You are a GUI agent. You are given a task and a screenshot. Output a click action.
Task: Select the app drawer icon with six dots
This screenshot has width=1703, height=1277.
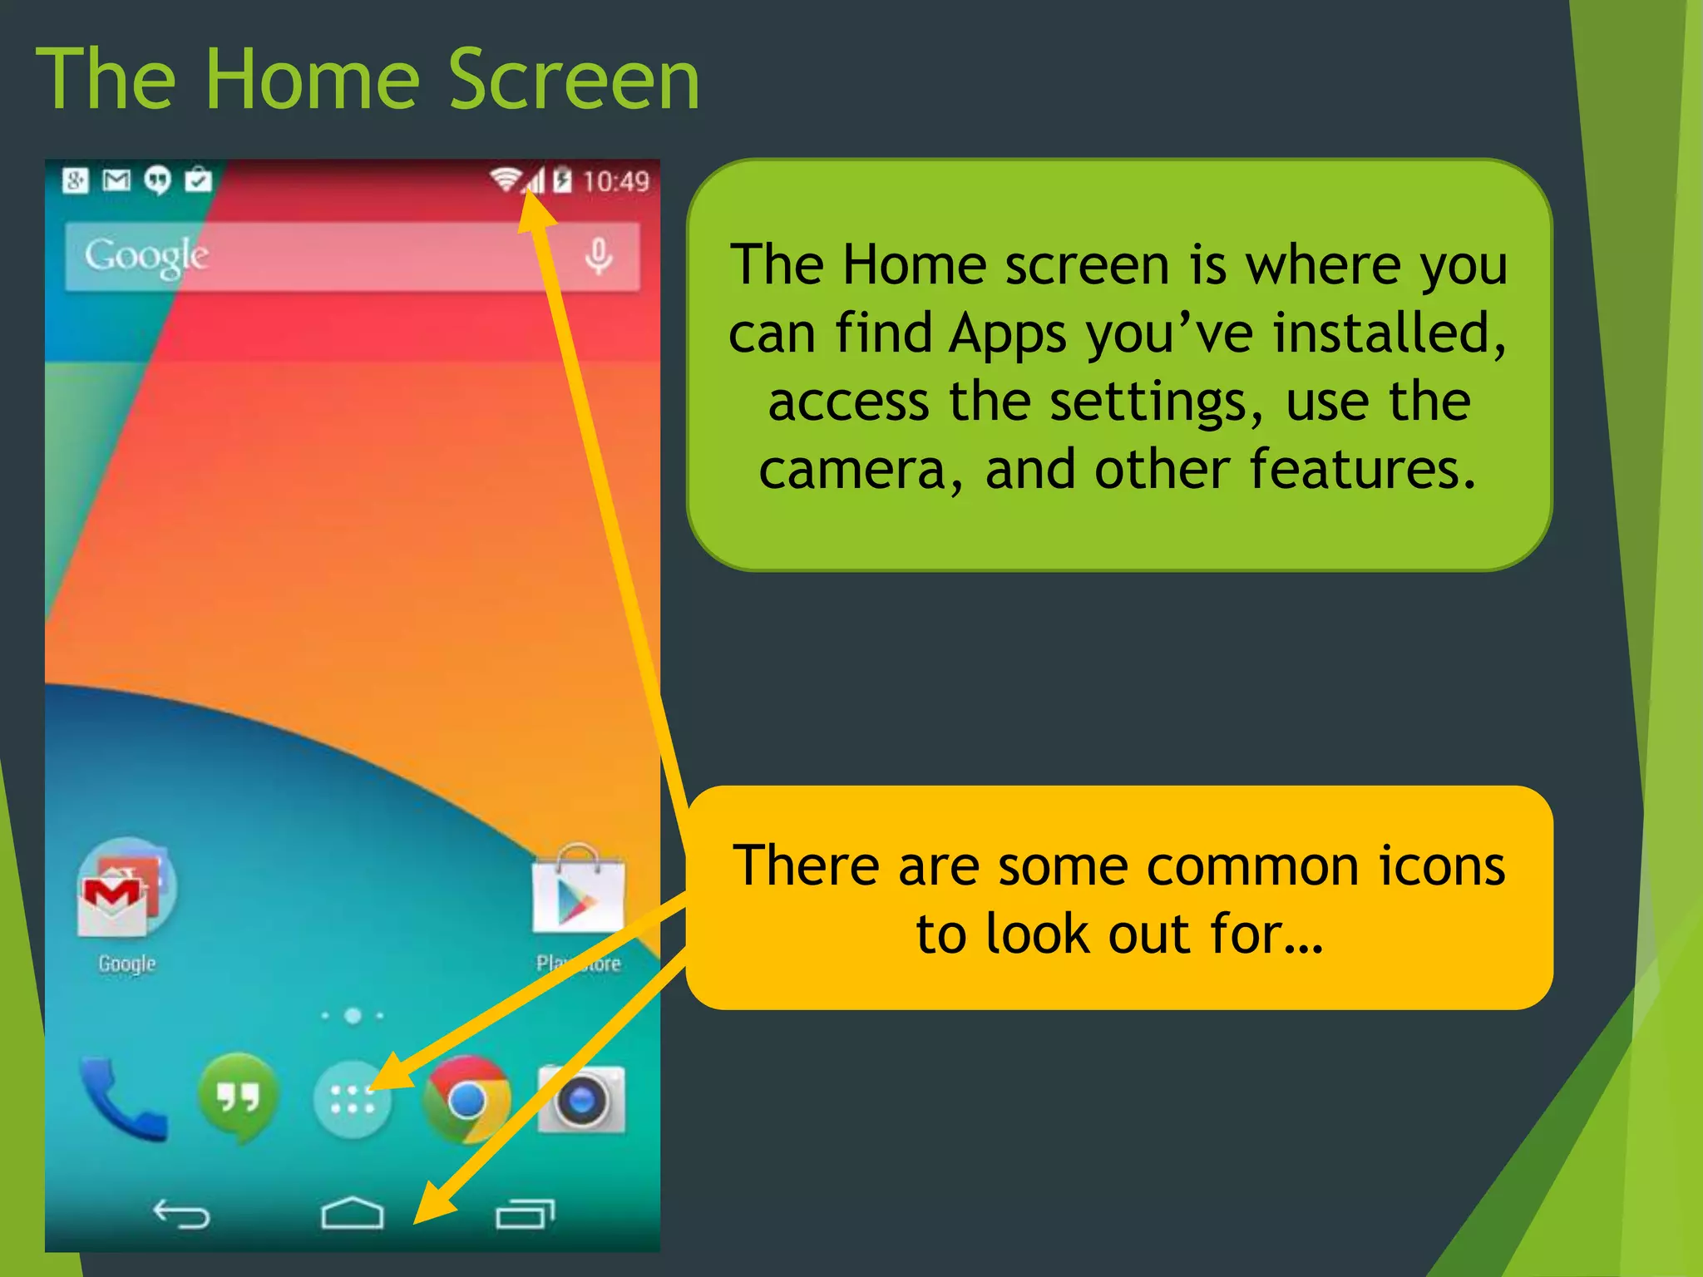point(352,1100)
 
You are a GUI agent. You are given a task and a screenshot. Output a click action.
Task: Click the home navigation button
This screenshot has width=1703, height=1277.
point(352,1214)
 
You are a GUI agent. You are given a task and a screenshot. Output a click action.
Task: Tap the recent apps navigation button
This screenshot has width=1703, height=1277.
point(525,1214)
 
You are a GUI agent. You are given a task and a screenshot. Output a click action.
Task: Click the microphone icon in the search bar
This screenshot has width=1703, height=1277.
point(598,256)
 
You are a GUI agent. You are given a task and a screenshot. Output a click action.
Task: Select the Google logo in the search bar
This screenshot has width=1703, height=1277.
point(146,256)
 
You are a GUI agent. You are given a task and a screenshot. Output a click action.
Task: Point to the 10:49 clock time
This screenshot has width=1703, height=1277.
point(615,181)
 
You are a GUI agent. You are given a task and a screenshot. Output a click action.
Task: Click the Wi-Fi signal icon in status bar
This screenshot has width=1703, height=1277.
point(505,180)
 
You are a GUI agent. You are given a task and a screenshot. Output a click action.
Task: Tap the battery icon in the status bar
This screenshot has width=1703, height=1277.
point(563,180)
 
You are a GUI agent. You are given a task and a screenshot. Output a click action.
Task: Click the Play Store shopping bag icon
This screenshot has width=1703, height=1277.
point(577,891)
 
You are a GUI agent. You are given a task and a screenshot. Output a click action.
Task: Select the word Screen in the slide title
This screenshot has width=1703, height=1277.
point(574,80)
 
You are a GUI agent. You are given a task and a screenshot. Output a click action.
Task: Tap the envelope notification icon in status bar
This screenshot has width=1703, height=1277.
point(116,180)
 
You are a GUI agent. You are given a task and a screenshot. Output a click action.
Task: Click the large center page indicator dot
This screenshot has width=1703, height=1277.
point(353,1015)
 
